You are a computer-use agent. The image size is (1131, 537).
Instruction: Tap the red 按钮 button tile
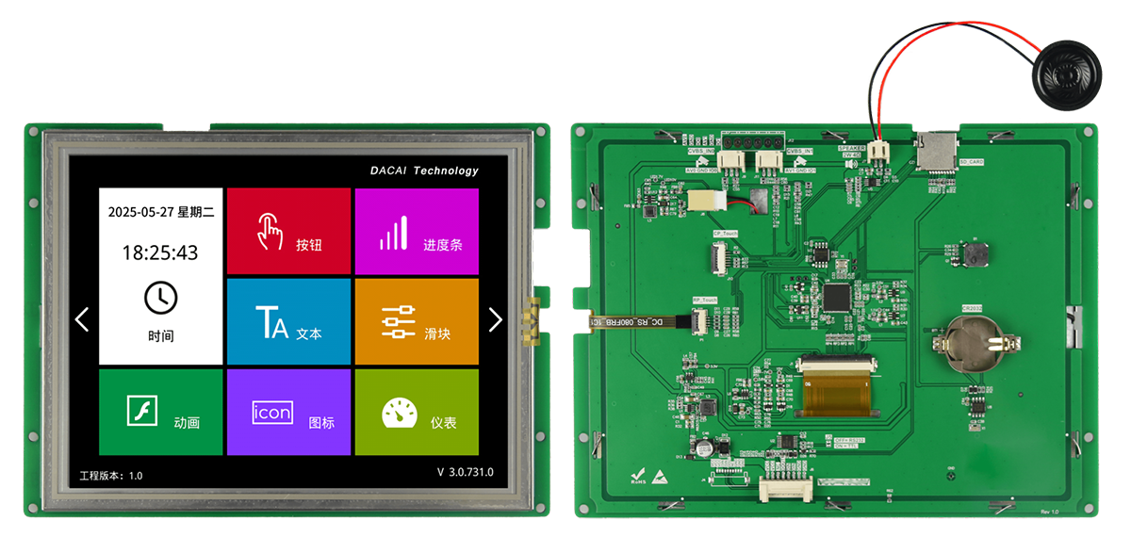pyautogui.click(x=288, y=231)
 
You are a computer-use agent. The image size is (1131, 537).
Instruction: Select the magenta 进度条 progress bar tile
pyautogui.click(x=417, y=231)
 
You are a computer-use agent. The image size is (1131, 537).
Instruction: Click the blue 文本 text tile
pyautogui.click(x=288, y=321)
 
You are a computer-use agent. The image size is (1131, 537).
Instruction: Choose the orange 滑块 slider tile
pyautogui.click(x=417, y=321)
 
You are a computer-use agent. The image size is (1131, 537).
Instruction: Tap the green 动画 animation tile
pyautogui.click(x=161, y=412)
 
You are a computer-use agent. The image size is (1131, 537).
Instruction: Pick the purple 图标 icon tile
pyautogui.click(x=288, y=412)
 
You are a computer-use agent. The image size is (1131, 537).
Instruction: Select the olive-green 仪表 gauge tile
pyautogui.click(x=417, y=412)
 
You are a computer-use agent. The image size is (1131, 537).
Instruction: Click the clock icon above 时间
pyautogui.click(x=160, y=298)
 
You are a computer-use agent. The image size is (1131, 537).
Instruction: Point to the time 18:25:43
pyautogui.click(x=160, y=252)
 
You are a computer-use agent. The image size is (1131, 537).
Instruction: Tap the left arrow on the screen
pyautogui.click(x=82, y=319)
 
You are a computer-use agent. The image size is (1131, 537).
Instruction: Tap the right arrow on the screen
pyautogui.click(x=496, y=319)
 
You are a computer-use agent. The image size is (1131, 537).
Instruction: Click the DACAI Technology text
pyautogui.click(x=424, y=171)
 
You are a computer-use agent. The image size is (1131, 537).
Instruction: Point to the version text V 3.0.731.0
pyautogui.click(x=466, y=472)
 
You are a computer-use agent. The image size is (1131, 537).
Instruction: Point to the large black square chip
pyautogui.click(x=836, y=298)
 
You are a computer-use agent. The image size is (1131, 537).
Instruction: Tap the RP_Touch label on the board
pyautogui.click(x=705, y=299)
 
